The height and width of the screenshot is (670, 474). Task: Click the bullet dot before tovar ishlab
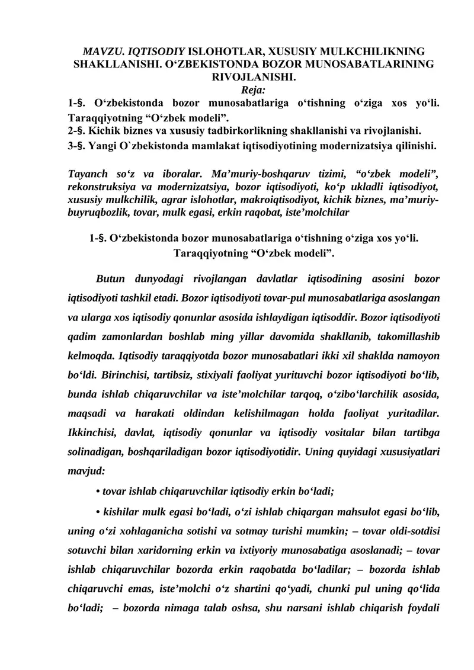coord(97,491)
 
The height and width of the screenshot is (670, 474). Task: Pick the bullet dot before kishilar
coord(97,511)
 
